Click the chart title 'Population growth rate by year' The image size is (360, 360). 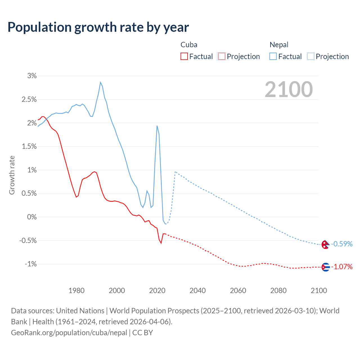[x=98, y=27]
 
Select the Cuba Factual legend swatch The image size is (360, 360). [x=184, y=56]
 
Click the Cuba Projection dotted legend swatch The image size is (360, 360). [x=222, y=56]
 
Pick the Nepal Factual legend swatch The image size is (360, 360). [x=273, y=56]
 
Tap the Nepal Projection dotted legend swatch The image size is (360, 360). [x=311, y=56]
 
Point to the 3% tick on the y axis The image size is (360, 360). [x=32, y=76]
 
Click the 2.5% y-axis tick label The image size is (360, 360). [x=29, y=99]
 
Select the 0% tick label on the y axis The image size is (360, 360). [x=32, y=217]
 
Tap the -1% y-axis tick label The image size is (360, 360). [x=31, y=264]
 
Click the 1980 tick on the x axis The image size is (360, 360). [x=76, y=291]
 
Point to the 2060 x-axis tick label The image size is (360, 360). [x=238, y=291]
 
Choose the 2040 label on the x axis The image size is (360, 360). [x=197, y=291]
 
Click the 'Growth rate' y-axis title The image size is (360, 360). [x=12, y=175]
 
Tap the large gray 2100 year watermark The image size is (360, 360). [x=289, y=89]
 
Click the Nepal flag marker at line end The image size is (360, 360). [x=325, y=244]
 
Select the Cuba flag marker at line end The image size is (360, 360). [x=325, y=267]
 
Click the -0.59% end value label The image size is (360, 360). [x=342, y=244]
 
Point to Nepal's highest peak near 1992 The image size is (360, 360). [x=100, y=82]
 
